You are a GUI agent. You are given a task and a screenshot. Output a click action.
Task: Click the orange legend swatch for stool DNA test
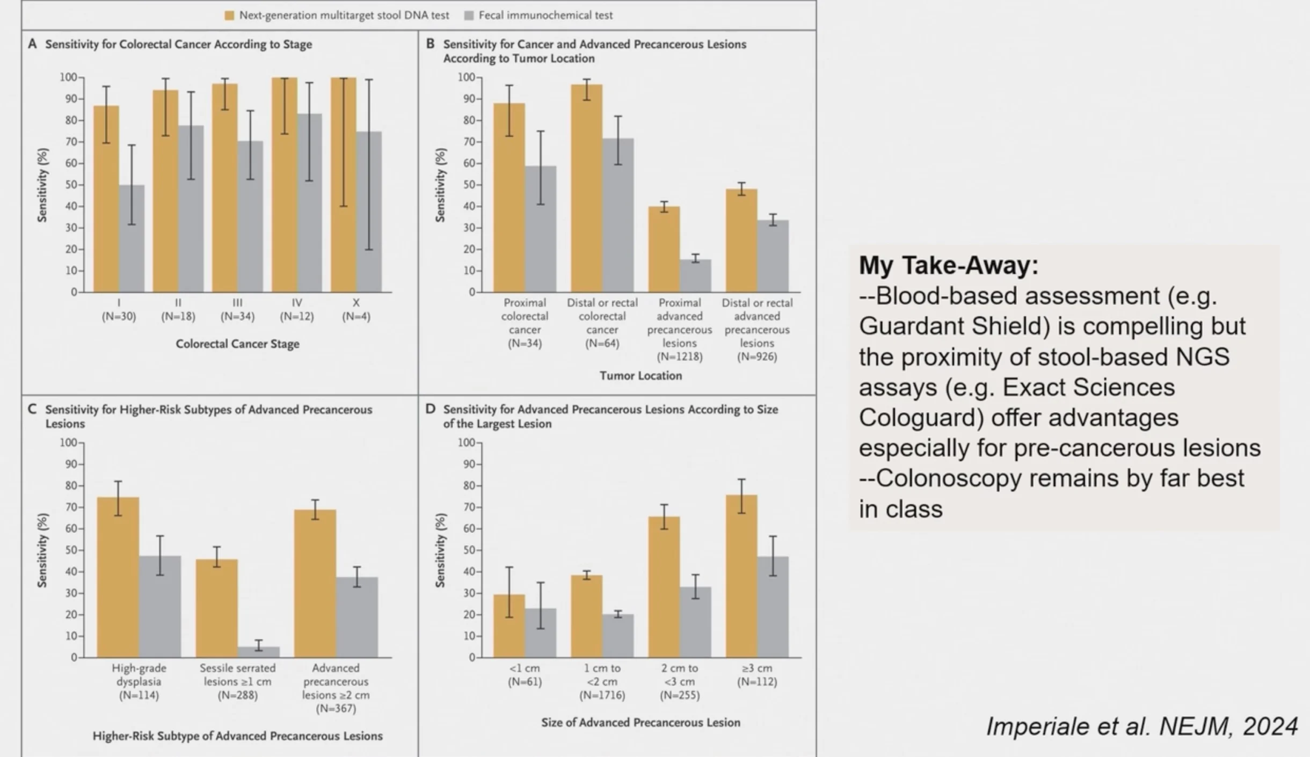tap(229, 16)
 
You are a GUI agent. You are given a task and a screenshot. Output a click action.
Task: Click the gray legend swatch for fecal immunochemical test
tap(469, 16)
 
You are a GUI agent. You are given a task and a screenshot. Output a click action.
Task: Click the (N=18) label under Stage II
tap(178, 316)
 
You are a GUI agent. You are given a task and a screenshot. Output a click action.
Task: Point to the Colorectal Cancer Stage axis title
tap(237, 344)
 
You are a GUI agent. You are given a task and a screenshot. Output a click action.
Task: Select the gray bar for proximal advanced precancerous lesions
tap(695, 276)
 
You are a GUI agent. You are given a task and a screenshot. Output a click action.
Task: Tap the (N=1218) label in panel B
tap(680, 356)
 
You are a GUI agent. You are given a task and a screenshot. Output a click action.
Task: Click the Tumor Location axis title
tap(641, 376)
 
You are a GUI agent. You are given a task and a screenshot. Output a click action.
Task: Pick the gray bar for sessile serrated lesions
tap(259, 652)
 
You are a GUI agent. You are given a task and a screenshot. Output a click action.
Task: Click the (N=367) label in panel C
tap(336, 708)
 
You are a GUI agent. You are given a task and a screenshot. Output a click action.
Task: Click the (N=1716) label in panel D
tap(602, 695)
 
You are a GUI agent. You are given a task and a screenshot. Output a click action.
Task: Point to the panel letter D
tap(430, 409)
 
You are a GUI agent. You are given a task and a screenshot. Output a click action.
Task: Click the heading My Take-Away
tap(948, 265)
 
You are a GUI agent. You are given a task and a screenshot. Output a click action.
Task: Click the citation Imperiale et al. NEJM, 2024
tap(1142, 726)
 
